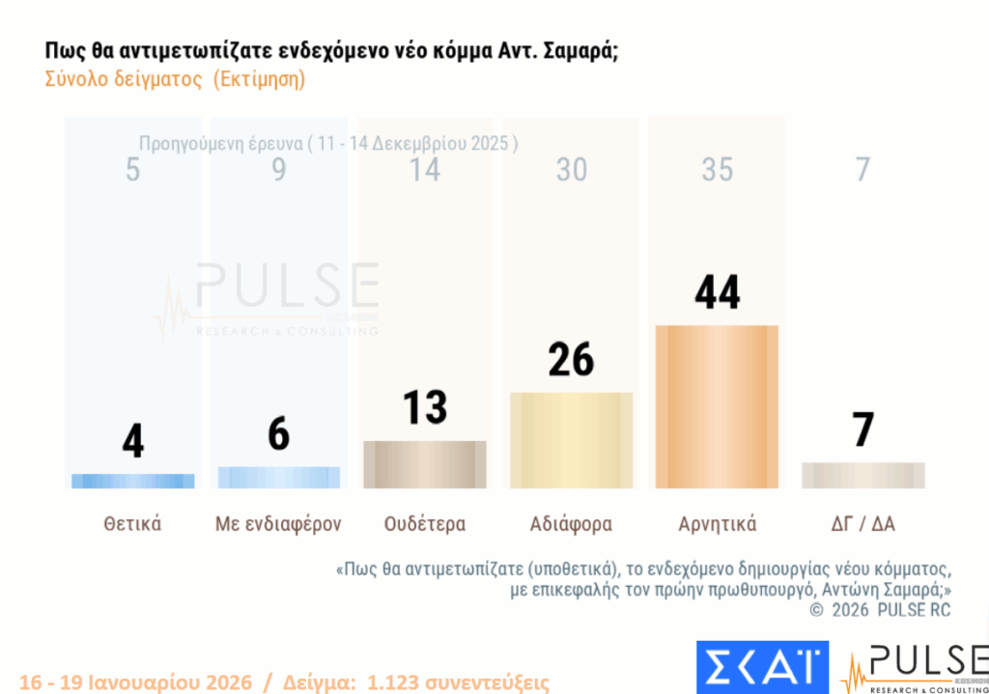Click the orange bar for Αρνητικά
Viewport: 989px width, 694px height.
tap(717, 406)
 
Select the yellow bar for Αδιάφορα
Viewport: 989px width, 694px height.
tap(571, 439)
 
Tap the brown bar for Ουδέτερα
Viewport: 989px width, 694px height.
tap(425, 463)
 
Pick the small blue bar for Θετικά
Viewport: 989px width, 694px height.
tap(133, 481)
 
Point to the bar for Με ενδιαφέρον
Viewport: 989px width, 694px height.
tap(279, 477)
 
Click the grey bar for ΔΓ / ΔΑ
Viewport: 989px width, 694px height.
tap(862, 475)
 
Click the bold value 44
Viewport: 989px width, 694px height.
tap(717, 291)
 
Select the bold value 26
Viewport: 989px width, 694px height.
tap(571, 359)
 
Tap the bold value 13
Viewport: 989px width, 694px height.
tap(425, 407)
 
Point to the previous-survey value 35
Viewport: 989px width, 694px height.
tap(717, 170)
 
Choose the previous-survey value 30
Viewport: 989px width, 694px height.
tap(571, 170)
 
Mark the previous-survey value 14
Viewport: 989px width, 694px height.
tap(425, 170)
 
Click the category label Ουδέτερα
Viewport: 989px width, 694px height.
tap(425, 524)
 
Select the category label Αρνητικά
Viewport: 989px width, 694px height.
tap(717, 524)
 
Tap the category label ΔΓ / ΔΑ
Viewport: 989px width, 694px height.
tap(862, 524)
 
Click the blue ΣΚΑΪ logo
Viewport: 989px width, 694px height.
tap(762, 667)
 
